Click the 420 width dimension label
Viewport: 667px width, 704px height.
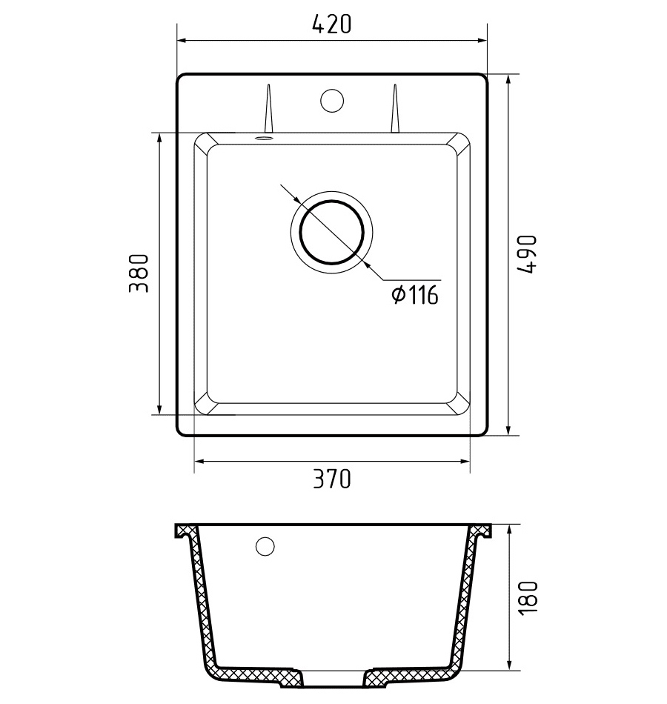click(331, 24)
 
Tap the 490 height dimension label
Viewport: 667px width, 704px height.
click(526, 254)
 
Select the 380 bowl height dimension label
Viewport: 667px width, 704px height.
click(139, 273)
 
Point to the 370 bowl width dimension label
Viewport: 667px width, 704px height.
click(332, 478)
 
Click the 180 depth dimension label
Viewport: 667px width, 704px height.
click(528, 598)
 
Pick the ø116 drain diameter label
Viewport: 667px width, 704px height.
click(414, 295)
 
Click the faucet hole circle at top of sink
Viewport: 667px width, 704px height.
click(332, 101)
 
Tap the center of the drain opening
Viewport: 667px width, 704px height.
click(331, 232)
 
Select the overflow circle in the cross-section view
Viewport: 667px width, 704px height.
click(265, 546)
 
